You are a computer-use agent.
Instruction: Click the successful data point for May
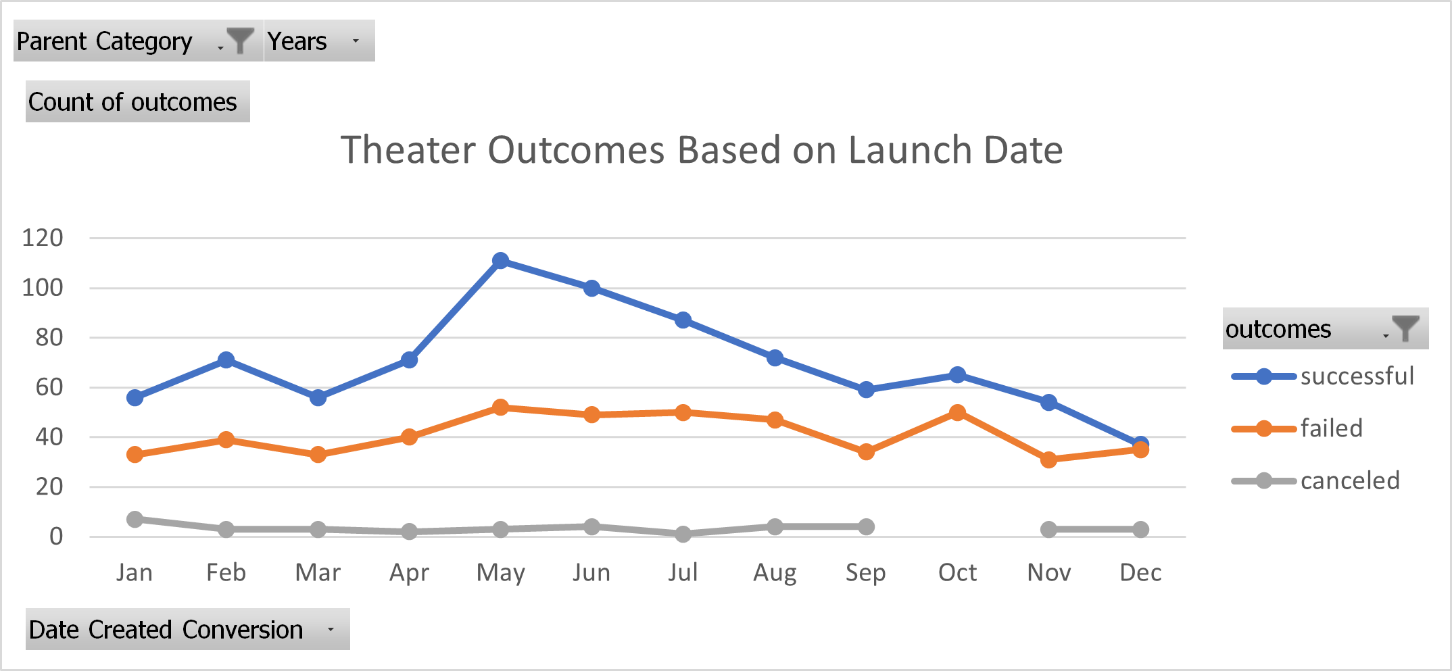point(500,261)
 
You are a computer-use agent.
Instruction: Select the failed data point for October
point(957,412)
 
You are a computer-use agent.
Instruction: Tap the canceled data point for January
point(135,519)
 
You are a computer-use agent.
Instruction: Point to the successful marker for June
point(591,289)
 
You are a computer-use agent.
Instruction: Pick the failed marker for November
point(1048,460)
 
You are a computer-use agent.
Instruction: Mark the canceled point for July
point(683,534)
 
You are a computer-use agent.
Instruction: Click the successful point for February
point(226,360)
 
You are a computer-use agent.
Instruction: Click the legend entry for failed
point(1330,428)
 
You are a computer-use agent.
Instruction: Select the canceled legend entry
point(1349,481)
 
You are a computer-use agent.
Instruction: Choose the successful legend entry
point(1356,376)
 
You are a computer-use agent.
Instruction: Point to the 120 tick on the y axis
point(43,238)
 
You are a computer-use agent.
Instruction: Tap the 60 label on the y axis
point(49,388)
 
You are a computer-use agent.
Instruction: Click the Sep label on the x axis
point(865,573)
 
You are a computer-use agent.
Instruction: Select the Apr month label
point(409,573)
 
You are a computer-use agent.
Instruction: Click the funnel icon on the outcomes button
point(1406,328)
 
